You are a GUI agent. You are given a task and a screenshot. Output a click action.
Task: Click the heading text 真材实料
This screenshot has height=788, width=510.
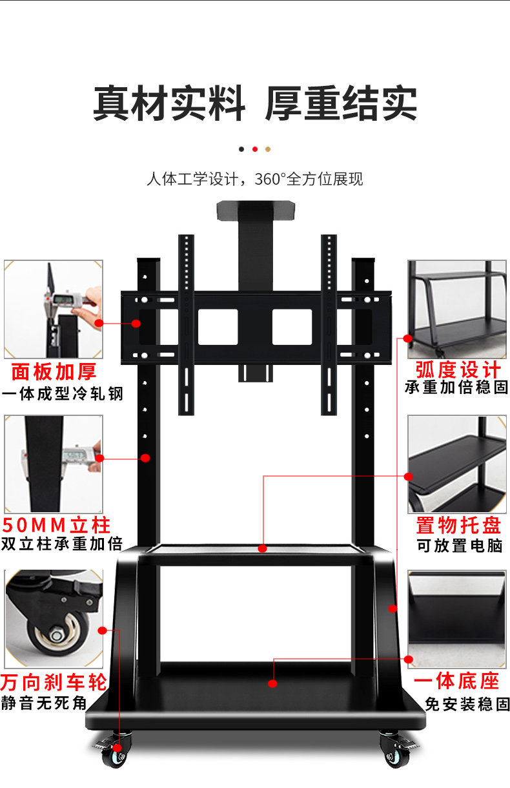tap(169, 103)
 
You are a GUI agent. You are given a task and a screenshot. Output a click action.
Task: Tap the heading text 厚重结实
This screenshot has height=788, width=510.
tap(341, 103)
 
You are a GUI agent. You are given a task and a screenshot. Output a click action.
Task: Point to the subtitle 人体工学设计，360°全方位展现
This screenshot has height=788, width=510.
tap(255, 179)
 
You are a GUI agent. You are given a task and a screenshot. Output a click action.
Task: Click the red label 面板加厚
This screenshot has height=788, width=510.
tap(54, 372)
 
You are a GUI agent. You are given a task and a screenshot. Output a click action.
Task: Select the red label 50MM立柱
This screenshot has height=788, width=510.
tap(57, 524)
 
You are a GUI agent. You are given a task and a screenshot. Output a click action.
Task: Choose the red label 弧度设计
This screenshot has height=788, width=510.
tap(458, 370)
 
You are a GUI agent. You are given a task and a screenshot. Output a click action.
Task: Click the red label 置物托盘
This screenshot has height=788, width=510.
tap(458, 524)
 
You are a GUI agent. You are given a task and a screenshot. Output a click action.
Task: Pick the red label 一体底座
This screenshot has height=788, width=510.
tap(457, 681)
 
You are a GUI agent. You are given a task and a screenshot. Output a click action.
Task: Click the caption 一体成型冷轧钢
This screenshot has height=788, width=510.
tap(62, 393)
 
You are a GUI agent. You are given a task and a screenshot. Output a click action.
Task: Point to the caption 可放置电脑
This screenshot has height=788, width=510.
tap(459, 545)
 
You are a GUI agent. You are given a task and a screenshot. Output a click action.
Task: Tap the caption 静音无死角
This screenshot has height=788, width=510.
tap(44, 703)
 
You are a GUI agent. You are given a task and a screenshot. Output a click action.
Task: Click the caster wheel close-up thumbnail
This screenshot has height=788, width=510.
tap(54, 619)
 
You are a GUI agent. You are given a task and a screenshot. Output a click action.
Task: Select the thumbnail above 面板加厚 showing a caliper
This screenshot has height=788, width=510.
tap(54, 309)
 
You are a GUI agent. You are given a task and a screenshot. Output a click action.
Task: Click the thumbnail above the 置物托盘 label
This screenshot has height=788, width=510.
tap(456, 464)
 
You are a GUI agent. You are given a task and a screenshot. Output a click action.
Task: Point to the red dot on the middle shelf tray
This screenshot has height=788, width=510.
tap(262, 548)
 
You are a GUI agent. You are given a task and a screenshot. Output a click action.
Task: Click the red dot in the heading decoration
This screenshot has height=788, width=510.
tap(255, 149)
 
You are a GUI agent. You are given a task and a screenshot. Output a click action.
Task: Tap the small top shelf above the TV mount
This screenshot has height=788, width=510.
tap(255, 211)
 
